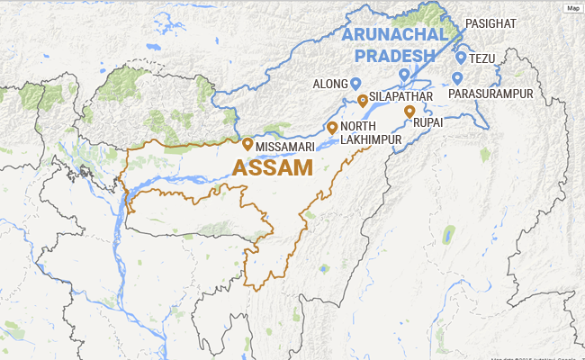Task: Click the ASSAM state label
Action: click(x=273, y=167)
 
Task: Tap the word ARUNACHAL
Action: click(x=395, y=35)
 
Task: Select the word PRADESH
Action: click(x=400, y=56)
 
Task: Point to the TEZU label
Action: click(x=482, y=58)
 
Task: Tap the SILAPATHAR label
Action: click(x=401, y=95)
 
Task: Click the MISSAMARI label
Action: click(x=283, y=146)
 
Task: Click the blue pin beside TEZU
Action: click(x=461, y=58)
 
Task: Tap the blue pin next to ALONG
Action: click(x=355, y=83)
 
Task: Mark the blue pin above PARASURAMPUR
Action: click(x=457, y=77)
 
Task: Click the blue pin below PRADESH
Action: click(x=404, y=74)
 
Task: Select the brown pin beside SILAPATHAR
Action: click(x=362, y=100)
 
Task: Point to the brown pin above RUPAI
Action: click(x=409, y=112)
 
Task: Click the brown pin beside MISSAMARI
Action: click(x=247, y=143)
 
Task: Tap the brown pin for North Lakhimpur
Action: click(x=332, y=127)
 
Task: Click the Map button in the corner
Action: click(x=572, y=8)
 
